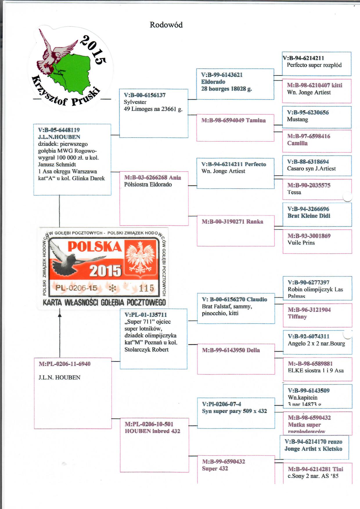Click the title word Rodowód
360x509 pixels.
point(166,25)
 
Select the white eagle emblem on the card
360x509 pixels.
point(141,258)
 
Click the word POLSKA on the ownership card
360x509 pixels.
point(95,247)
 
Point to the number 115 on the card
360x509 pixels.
point(146,288)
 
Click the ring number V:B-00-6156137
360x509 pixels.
point(145,95)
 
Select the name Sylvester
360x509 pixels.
point(135,102)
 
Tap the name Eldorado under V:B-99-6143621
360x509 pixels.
point(213,82)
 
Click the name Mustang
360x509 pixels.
point(297,119)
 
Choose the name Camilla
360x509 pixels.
point(297,143)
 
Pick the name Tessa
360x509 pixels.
point(294,192)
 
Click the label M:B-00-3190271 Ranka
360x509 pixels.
point(232,222)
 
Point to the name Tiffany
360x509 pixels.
point(297,316)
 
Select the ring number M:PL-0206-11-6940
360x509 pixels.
point(64,364)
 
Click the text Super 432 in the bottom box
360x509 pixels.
point(215,468)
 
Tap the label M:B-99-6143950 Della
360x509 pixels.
point(231,350)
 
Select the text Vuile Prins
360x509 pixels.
point(301,243)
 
